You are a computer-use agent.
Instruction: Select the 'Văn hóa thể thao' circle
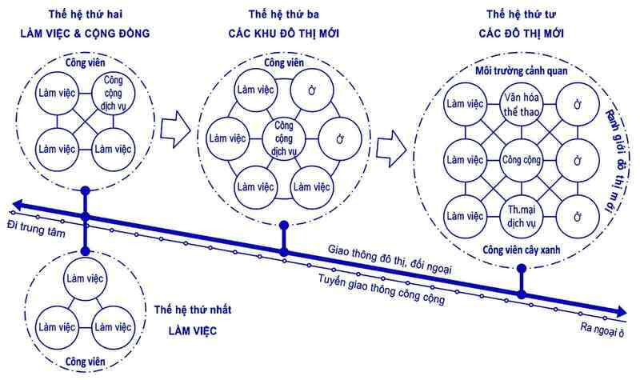(x=522, y=106)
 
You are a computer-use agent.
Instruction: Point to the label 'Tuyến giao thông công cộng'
(x=381, y=286)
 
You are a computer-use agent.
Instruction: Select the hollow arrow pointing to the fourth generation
(x=391, y=146)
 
